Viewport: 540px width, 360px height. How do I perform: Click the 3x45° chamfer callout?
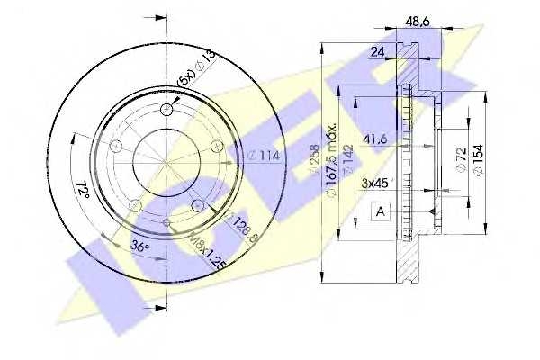click(x=376, y=184)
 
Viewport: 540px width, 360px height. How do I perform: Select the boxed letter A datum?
click(x=380, y=212)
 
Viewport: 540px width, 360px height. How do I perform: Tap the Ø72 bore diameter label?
click(x=460, y=158)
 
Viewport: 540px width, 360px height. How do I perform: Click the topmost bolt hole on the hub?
click(x=166, y=111)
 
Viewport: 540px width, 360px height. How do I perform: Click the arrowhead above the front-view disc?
click(x=162, y=16)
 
